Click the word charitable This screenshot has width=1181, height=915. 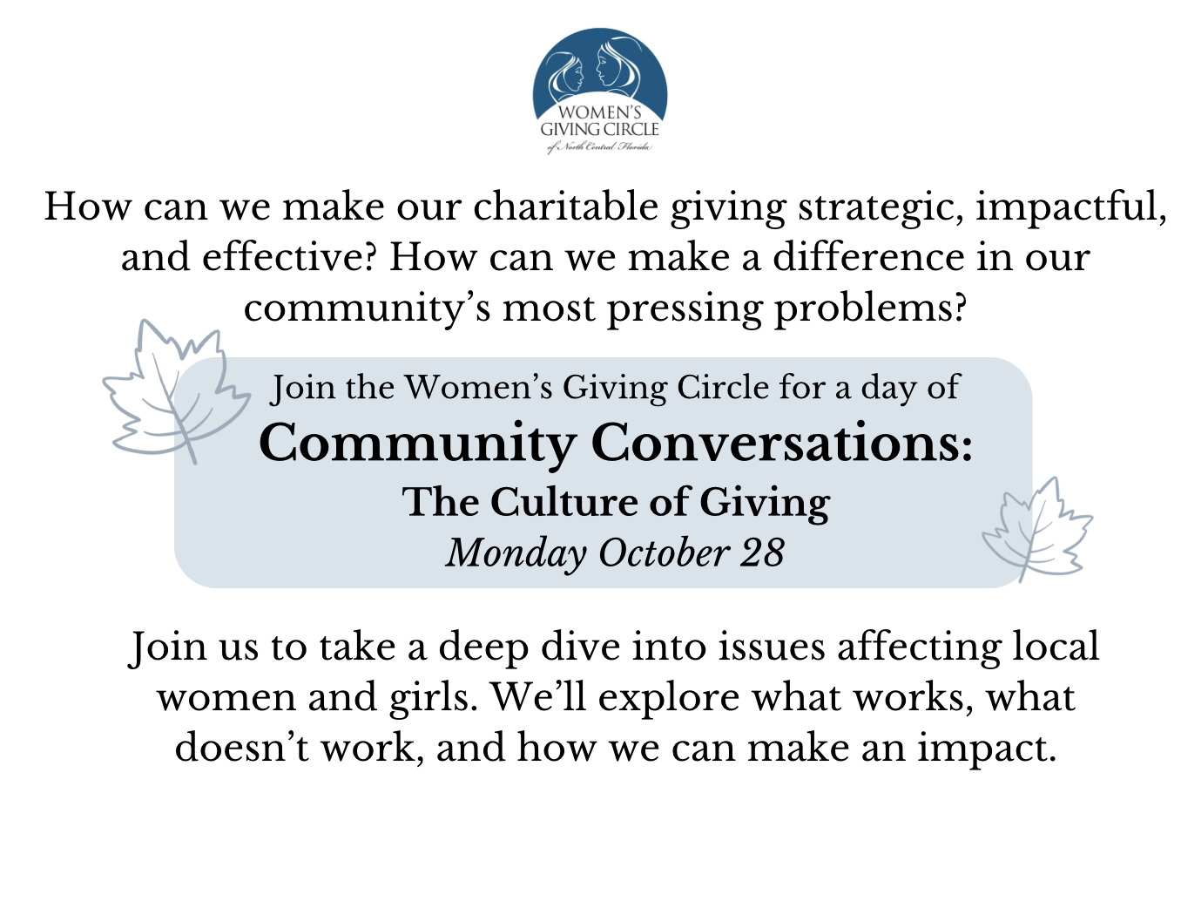click(564, 207)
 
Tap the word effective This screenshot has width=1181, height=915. click(290, 257)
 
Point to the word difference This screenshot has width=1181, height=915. click(868, 257)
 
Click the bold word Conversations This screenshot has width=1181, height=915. click(782, 444)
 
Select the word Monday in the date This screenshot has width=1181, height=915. click(516, 553)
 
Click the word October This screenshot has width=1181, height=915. click(663, 552)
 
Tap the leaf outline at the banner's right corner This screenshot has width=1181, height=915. click(1037, 530)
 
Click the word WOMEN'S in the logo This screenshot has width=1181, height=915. click(599, 112)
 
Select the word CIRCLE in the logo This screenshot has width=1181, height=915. click(631, 129)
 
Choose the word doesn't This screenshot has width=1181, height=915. click(242, 747)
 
